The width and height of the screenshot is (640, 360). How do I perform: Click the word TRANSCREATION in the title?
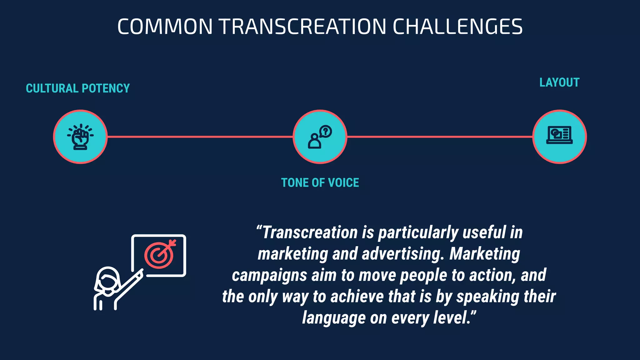point(303,27)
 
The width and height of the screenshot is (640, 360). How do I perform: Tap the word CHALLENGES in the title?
point(457,27)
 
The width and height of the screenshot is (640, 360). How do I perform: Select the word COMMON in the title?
point(165,27)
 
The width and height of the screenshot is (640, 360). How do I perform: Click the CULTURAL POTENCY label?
point(78,88)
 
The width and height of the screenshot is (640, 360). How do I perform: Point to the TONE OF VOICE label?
point(320,183)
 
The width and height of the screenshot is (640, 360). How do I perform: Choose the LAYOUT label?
point(559,82)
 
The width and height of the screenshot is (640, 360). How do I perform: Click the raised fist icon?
point(80,137)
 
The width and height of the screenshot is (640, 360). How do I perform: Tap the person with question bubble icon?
point(320,137)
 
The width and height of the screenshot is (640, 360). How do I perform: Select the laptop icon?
point(559,135)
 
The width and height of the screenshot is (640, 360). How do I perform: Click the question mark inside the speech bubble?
point(326,131)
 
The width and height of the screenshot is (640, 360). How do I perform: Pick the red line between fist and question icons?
point(200,137)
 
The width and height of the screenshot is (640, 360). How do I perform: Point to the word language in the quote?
point(334,318)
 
